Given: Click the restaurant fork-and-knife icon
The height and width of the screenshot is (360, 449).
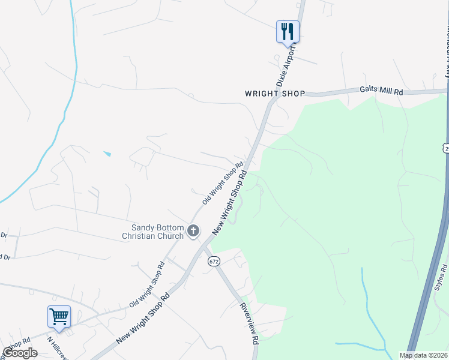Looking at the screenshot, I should click(x=288, y=31).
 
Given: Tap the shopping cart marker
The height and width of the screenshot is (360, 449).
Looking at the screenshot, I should click(x=59, y=316).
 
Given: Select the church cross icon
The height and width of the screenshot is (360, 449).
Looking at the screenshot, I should click(x=193, y=230).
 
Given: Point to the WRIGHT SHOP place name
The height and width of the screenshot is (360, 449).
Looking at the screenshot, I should click(x=276, y=94).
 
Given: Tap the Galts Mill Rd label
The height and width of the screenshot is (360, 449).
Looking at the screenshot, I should click(x=381, y=91).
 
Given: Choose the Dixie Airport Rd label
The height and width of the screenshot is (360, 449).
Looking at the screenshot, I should click(x=287, y=66).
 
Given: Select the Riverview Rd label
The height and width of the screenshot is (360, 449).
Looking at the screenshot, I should click(x=249, y=323).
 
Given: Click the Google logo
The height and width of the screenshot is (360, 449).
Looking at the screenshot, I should click(x=20, y=353).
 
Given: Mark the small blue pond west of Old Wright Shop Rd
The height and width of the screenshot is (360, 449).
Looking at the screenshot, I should click(x=107, y=154).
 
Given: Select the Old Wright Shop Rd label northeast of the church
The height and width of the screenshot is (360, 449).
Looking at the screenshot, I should click(x=222, y=183).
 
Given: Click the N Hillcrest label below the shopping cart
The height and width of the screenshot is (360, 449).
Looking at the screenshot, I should click(x=58, y=347).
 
